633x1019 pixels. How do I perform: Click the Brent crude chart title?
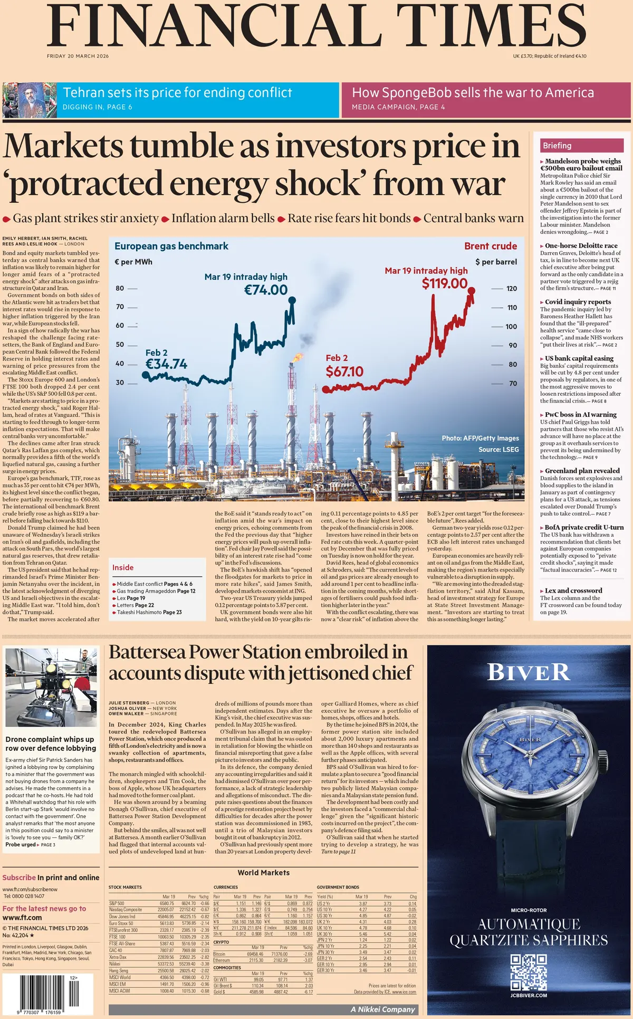491,246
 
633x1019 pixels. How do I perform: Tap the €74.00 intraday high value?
266,290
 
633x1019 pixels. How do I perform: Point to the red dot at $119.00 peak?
472,291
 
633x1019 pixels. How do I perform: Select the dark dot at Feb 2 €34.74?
146,375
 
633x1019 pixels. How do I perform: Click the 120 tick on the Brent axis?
512,289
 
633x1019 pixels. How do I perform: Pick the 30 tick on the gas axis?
120,383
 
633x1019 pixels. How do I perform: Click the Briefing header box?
581,146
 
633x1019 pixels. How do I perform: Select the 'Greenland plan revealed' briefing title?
582,471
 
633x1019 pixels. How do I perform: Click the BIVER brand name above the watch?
529,672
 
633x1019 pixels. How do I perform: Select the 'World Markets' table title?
263,873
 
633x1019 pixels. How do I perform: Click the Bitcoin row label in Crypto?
219,954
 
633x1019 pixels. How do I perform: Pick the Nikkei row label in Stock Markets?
114,964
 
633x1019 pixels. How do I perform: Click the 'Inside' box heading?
123,567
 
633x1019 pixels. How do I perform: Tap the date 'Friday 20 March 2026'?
78,56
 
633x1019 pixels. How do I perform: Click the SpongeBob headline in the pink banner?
473,93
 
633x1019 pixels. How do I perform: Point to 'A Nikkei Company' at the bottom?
383,1010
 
